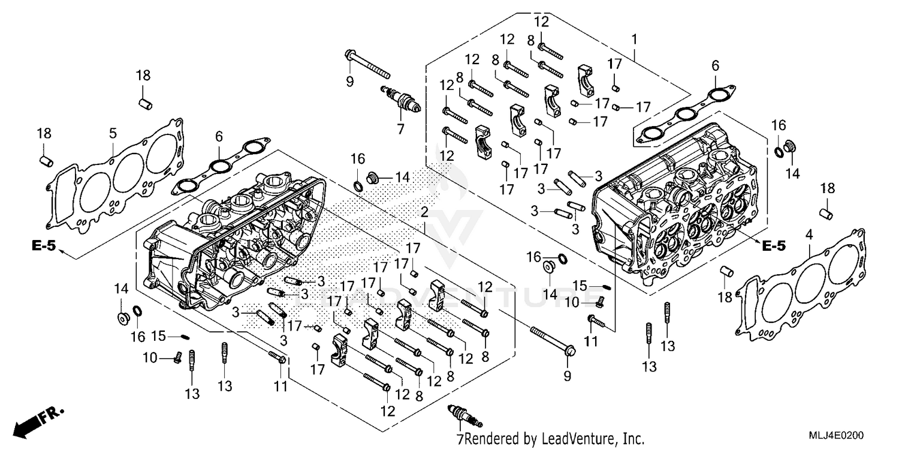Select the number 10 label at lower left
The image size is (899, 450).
click(x=150, y=358)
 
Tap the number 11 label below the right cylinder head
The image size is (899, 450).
click(x=592, y=342)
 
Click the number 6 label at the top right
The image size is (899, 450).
click(x=715, y=65)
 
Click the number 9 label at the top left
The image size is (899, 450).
click(x=350, y=82)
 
